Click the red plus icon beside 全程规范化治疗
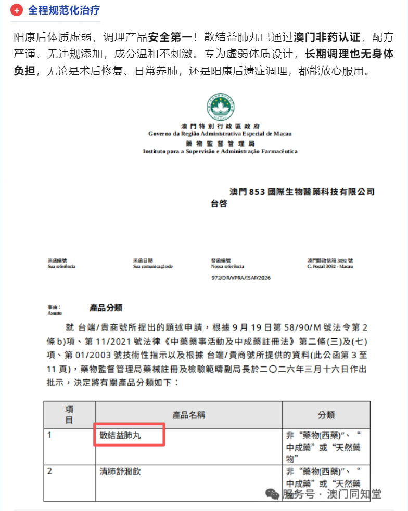coord(17,11)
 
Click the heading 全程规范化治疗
coord(64,11)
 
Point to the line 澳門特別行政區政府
coord(220,126)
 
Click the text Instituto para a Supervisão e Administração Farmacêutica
coord(220,151)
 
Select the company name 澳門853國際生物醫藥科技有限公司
coord(302,192)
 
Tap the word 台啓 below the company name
coord(219,204)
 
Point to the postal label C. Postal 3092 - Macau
coord(330,266)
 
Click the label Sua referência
coord(61,266)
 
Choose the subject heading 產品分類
coord(106,308)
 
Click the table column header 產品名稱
coord(188,414)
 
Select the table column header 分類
coord(326,414)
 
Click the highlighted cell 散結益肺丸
coord(120,435)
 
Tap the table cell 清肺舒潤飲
coord(120,471)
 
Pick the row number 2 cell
coord(50,471)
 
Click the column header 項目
coord(69,414)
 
